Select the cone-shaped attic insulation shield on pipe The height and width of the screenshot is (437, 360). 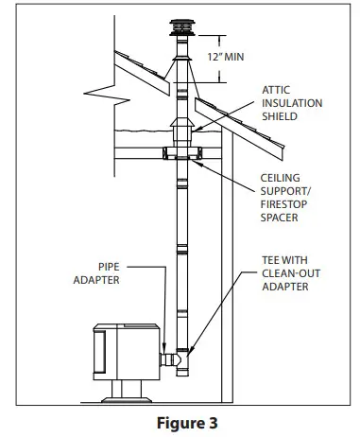click(180, 133)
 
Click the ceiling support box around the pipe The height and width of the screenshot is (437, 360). click(180, 154)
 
